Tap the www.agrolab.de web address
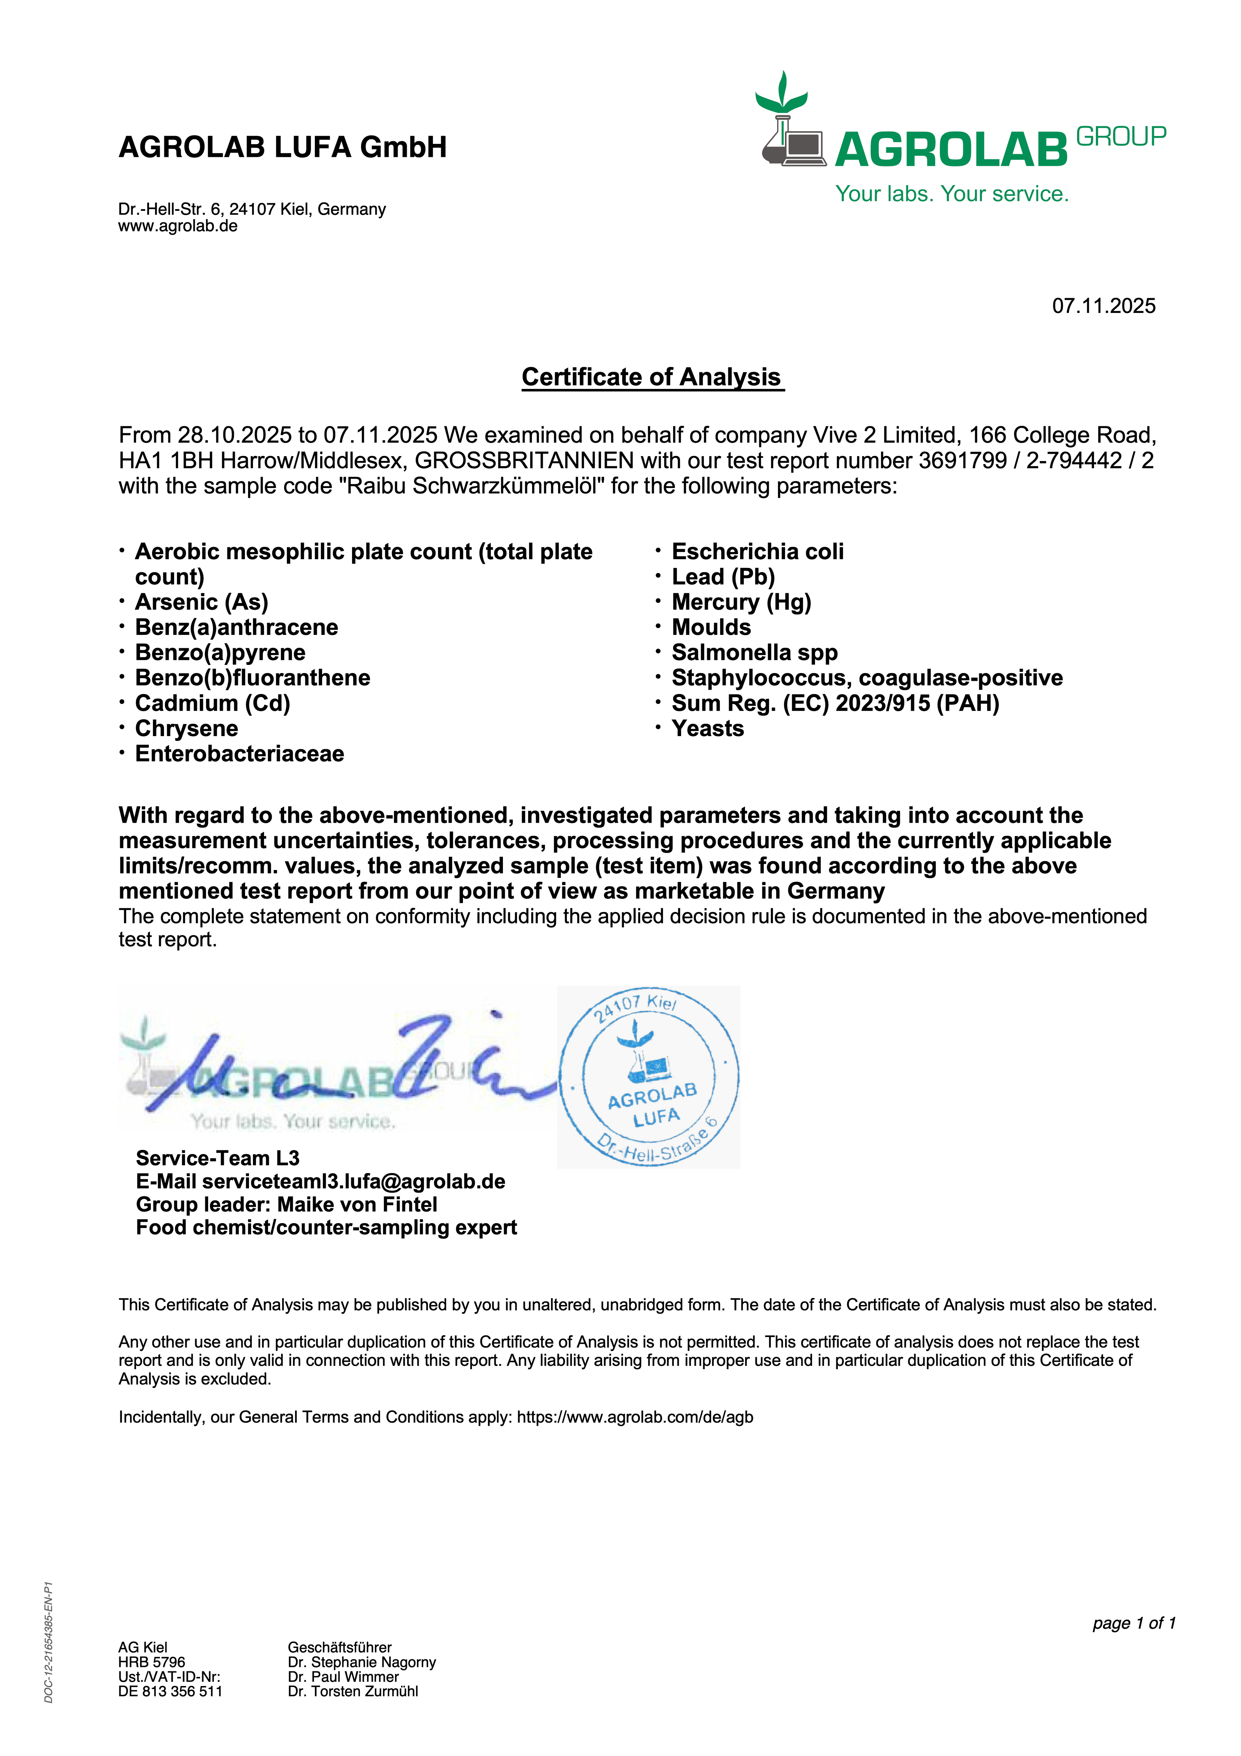(x=178, y=226)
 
